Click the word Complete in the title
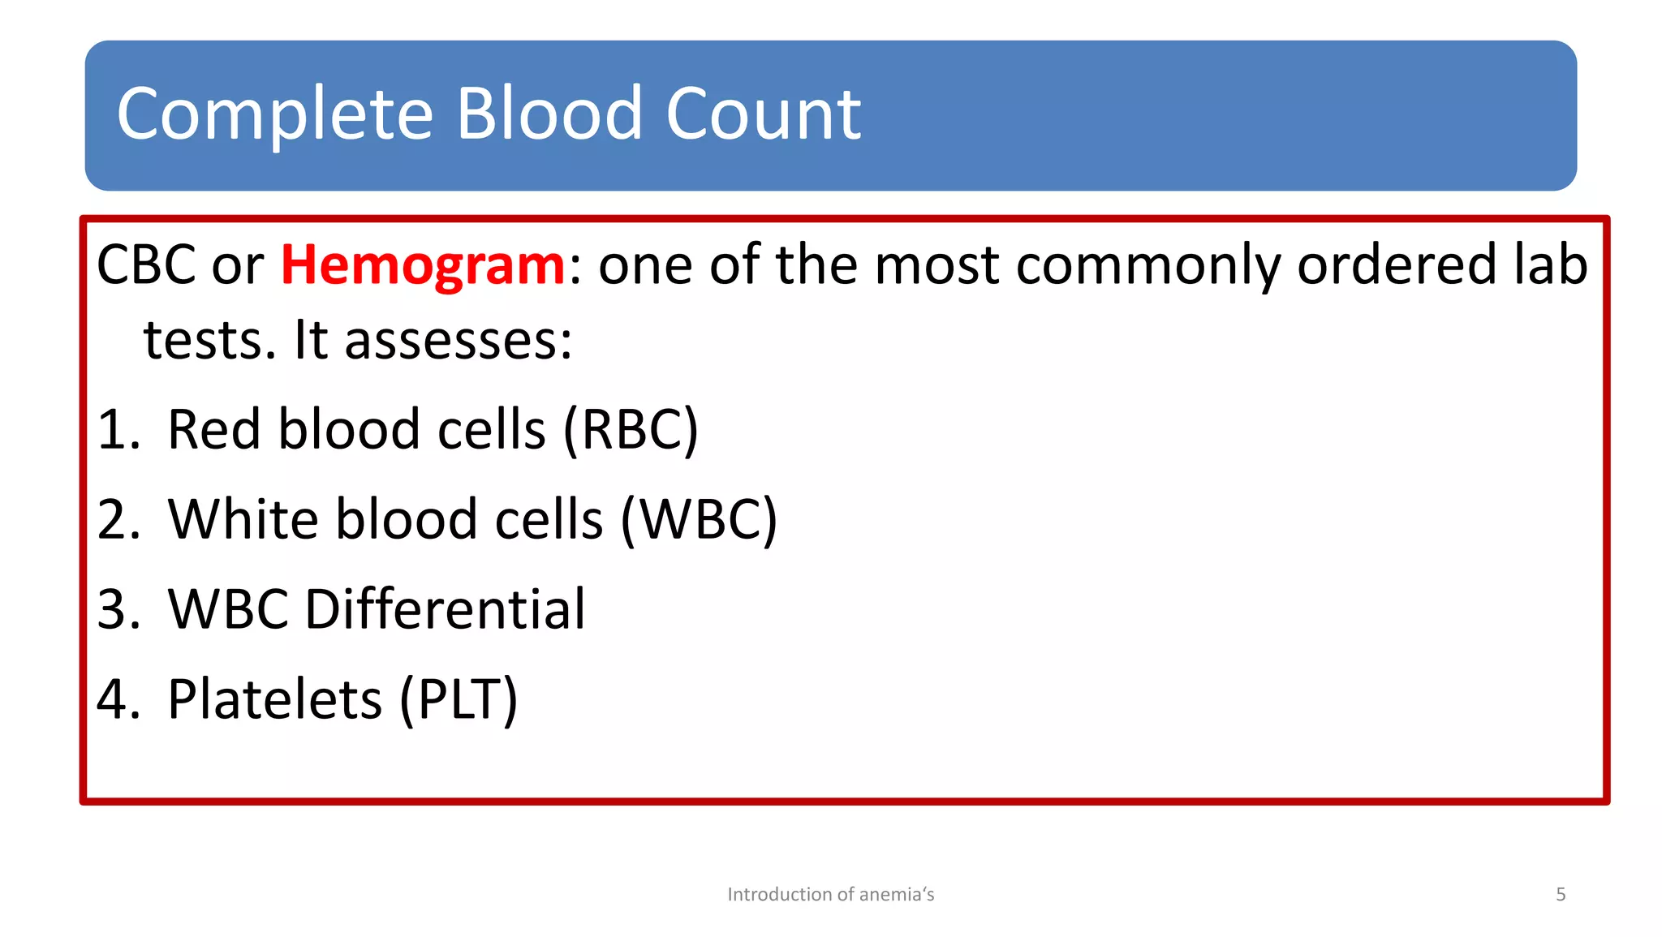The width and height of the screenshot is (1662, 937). point(274,115)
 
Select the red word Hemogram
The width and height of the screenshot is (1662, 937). point(423,265)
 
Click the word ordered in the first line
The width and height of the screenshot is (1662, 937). point(1396,265)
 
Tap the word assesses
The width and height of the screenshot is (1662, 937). point(459,341)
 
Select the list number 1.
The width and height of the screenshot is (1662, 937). point(114,430)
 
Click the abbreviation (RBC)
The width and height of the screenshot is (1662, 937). point(631,430)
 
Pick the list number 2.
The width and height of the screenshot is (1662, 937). point(114,520)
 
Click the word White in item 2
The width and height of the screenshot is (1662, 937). point(242,520)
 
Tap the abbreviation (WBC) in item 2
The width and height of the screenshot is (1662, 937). point(699,520)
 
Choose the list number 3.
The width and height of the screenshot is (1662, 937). point(114,610)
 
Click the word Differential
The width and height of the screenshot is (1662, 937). point(444,610)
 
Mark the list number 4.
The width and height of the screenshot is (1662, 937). point(114,700)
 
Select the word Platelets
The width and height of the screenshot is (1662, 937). point(274,700)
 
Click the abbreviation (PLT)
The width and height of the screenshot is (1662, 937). point(458,700)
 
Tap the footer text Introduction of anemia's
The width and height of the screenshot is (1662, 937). point(830,894)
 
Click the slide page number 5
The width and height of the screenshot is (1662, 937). point(1560,894)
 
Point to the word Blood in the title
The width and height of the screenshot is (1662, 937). point(549,114)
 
